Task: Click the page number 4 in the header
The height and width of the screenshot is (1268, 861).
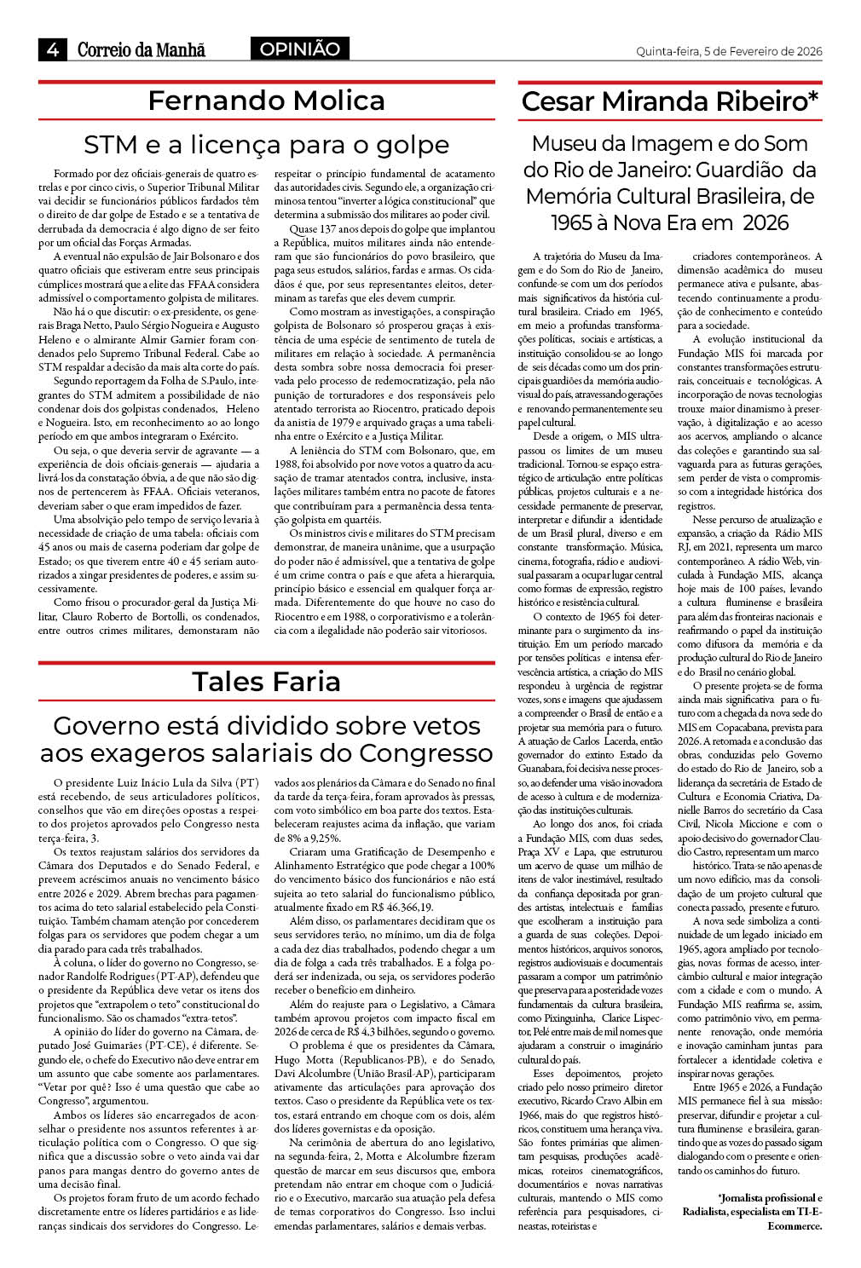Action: pyautogui.click(x=53, y=49)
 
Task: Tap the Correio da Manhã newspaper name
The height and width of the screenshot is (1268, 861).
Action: pyautogui.click(x=142, y=50)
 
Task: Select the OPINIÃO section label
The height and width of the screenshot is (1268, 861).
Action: pyautogui.click(x=299, y=49)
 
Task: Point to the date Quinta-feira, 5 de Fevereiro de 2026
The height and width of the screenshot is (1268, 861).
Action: pyautogui.click(x=729, y=51)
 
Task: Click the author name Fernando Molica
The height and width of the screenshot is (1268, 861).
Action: pyautogui.click(x=266, y=101)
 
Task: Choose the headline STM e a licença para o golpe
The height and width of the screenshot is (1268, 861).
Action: pyautogui.click(x=266, y=144)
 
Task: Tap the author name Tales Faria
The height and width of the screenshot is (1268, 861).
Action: pyautogui.click(x=266, y=682)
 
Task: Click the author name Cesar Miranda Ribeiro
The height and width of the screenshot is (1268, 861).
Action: pyautogui.click(x=669, y=101)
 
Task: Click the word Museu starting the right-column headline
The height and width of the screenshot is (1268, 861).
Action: pyautogui.click(x=566, y=143)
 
